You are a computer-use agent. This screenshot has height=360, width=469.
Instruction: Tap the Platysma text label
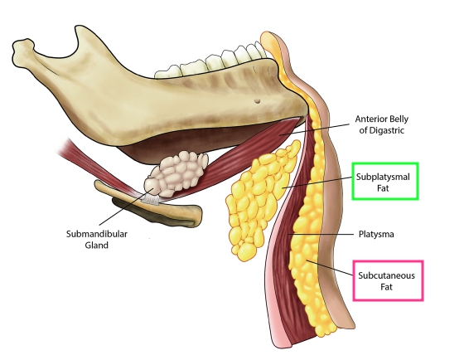point(376,234)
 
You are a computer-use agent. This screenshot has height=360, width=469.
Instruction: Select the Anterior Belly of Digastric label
point(381,124)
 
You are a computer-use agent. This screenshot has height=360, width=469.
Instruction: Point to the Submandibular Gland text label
point(97,240)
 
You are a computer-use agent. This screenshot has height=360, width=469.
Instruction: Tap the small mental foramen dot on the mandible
point(257,101)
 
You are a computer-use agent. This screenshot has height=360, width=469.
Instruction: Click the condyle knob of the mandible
point(22,48)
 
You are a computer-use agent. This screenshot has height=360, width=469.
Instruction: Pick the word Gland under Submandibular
point(97,246)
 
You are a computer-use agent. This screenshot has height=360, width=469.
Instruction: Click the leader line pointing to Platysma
point(321,234)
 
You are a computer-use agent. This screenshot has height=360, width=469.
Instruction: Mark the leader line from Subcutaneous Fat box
point(329,267)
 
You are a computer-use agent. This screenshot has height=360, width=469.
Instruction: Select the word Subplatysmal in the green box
point(383,177)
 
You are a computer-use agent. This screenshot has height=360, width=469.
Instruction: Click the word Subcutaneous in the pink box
point(386,275)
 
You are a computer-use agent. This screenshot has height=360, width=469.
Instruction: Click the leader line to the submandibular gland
point(126,207)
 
